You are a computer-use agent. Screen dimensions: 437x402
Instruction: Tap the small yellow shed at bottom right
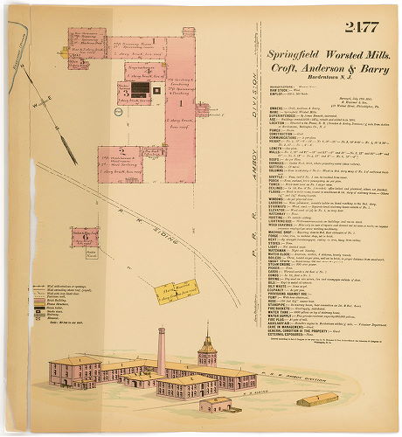[317, 399]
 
